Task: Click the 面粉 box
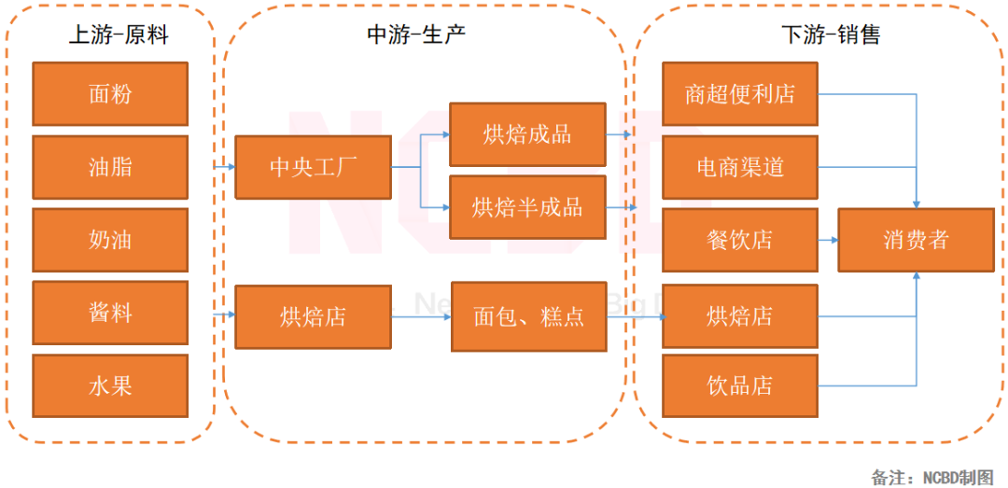coord(109,94)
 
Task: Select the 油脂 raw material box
coord(109,167)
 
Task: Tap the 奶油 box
coord(109,240)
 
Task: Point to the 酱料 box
coord(109,313)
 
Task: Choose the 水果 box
coord(109,385)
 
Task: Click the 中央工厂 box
coord(313,167)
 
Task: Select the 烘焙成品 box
coord(527,134)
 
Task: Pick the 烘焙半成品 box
coord(527,206)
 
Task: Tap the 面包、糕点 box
coord(528,316)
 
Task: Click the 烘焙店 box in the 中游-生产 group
coord(313,317)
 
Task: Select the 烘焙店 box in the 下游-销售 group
coord(740,316)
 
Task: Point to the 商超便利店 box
coord(740,94)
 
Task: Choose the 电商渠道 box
coord(740,167)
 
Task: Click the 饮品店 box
coord(740,385)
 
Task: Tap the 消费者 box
coord(916,240)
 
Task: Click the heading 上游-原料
coord(119,35)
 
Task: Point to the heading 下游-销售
coord(830,35)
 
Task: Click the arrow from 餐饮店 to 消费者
coord(827,240)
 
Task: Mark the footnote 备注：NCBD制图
coord(932,477)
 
